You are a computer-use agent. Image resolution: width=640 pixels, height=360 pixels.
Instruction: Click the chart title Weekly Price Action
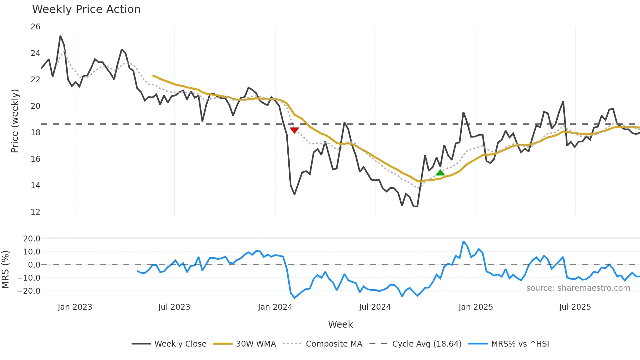pyautogui.click(x=86, y=9)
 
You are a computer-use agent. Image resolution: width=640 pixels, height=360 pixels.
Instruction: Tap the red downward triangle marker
pyautogui.click(x=294, y=130)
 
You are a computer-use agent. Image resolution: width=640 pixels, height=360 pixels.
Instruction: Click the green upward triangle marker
pyautogui.click(x=440, y=172)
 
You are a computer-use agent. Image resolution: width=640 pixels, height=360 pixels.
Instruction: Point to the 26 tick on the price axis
pyautogui.click(x=36, y=27)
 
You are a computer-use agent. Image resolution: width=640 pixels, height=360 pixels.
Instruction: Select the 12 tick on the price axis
pyautogui.click(x=36, y=212)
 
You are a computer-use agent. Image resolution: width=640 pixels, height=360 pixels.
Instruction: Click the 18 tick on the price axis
pyautogui.click(x=36, y=133)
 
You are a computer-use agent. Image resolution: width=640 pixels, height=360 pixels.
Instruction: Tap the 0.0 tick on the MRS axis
pyautogui.click(x=34, y=265)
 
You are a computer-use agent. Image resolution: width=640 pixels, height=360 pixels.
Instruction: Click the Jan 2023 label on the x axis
pyautogui.click(x=75, y=307)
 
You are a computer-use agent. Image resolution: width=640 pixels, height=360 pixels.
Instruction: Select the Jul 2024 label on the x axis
pyautogui.click(x=375, y=307)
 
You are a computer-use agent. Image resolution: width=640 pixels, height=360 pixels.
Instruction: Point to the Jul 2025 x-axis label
pyautogui.click(x=575, y=307)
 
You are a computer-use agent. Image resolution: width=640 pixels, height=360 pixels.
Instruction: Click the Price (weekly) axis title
pyautogui.click(x=15, y=121)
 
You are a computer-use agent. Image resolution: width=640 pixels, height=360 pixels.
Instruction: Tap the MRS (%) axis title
pyautogui.click(x=5, y=270)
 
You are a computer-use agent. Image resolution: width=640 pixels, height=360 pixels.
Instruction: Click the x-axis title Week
pyautogui.click(x=340, y=324)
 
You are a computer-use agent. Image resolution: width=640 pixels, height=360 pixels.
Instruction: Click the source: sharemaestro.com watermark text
pyautogui.click(x=578, y=288)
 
